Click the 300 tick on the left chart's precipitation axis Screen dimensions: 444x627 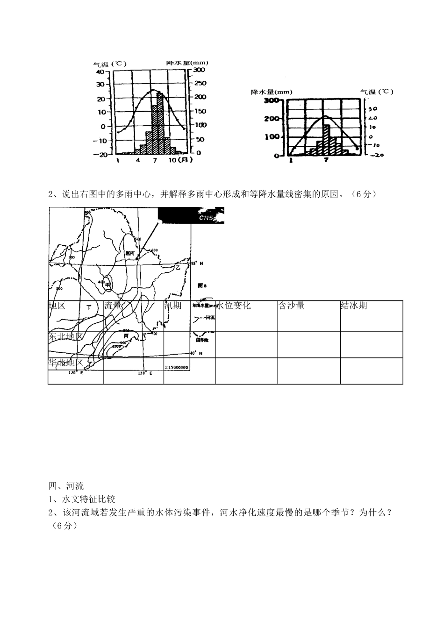coord(199,70)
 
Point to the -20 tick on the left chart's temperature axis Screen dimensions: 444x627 coord(101,155)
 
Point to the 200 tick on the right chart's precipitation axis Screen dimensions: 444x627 coord(271,118)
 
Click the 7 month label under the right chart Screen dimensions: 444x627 coord(326,160)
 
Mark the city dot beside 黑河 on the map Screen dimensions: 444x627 coord(136,258)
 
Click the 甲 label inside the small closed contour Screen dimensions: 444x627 coord(107,284)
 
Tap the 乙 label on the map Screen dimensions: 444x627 coord(178,268)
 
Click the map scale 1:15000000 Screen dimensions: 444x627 coord(177,367)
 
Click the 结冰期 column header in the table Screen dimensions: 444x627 coord(354,306)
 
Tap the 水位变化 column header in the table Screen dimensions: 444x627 coord(234,306)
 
